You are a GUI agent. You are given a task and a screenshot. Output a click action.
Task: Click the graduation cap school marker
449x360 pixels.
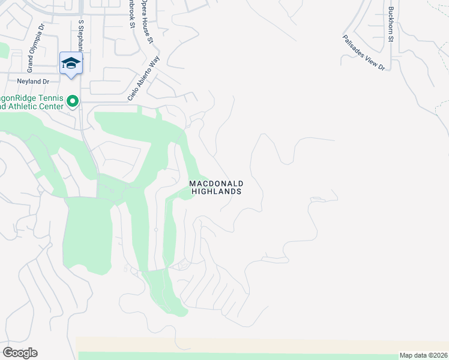pyautogui.click(x=71, y=64)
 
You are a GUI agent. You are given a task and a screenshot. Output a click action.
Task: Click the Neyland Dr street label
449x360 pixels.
pyautogui.click(x=33, y=81)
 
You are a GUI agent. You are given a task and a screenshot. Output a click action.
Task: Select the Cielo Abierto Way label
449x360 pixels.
pyautogui.click(x=142, y=82)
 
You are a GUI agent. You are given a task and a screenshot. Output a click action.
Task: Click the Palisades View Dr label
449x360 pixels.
pyautogui.click(x=363, y=53)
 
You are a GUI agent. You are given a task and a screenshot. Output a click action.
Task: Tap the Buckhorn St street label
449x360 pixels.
pyautogui.click(x=391, y=23)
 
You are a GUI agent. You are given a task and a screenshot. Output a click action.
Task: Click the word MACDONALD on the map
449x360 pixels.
pyautogui.click(x=215, y=183)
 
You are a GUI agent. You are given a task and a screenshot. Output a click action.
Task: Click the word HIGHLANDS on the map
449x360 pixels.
pyautogui.click(x=215, y=191)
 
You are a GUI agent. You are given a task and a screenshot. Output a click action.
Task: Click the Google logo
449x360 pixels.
pyautogui.click(x=20, y=353)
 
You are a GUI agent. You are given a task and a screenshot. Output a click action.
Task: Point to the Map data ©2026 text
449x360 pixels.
pyautogui.click(x=423, y=355)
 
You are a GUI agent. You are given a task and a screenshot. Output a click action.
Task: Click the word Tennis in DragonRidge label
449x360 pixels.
pyautogui.click(x=50, y=98)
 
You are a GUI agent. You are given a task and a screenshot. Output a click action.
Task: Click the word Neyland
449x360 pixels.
pyautogui.click(x=28, y=81)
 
